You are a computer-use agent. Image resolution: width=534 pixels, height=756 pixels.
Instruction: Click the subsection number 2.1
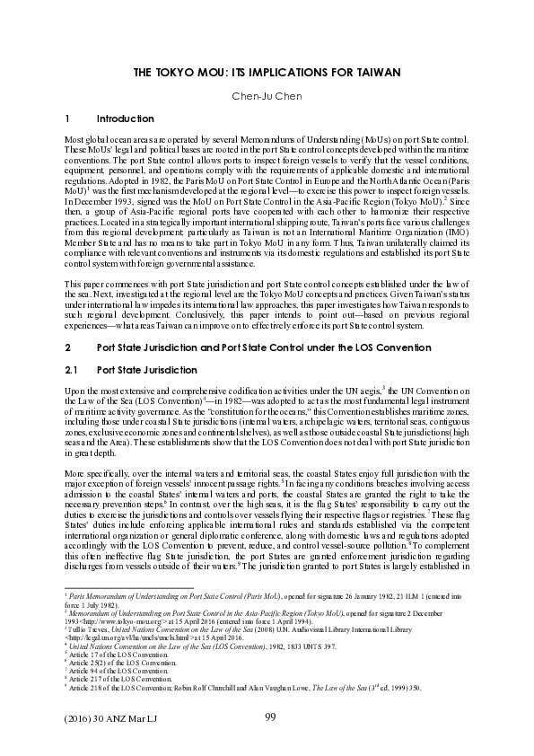tap(75, 370)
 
